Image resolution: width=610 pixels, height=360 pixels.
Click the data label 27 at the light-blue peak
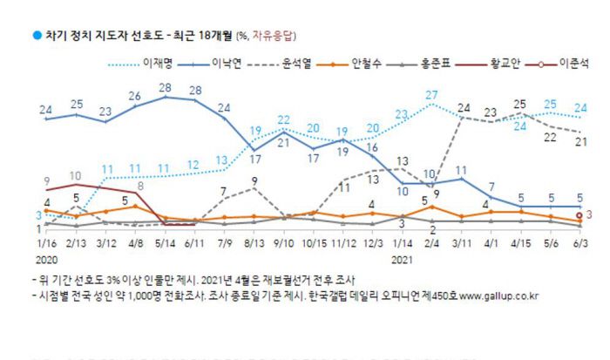click(430, 94)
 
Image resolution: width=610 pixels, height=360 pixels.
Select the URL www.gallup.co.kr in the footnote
click(497, 296)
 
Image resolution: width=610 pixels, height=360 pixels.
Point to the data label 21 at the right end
click(579, 141)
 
